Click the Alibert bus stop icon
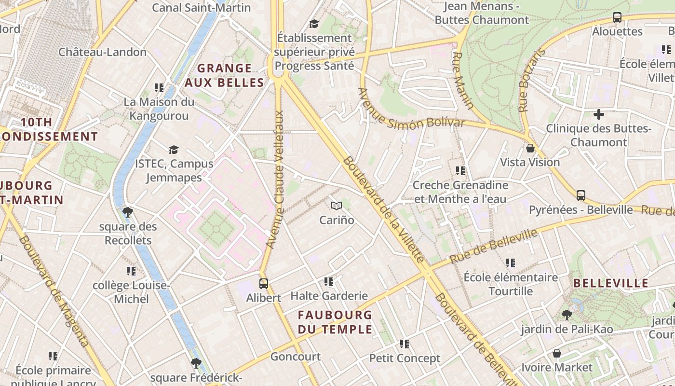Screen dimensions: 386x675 tap(263, 283)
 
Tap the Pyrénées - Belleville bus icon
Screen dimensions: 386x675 tap(581, 195)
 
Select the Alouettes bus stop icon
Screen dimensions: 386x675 tap(617, 17)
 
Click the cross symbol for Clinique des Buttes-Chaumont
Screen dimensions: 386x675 tap(598, 114)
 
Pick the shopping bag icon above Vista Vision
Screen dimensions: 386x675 tap(530, 148)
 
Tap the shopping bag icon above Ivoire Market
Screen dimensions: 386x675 tap(557, 353)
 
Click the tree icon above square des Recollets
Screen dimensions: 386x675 tap(128, 212)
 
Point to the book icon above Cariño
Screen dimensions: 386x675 tap(337, 206)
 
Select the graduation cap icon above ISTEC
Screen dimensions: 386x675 tap(174, 150)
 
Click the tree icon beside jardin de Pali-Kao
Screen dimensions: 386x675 tap(567, 315)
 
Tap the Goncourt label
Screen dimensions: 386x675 tap(296, 357)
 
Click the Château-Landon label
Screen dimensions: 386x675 tap(102, 52)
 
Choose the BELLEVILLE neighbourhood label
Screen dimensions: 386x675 tap(611, 283)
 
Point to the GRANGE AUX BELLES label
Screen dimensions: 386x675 tap(225, 75)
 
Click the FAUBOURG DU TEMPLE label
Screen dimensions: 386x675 tap(335, 322)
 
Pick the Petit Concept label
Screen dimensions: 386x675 tap(405, 358)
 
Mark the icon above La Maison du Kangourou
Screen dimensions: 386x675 tap(159, 88)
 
